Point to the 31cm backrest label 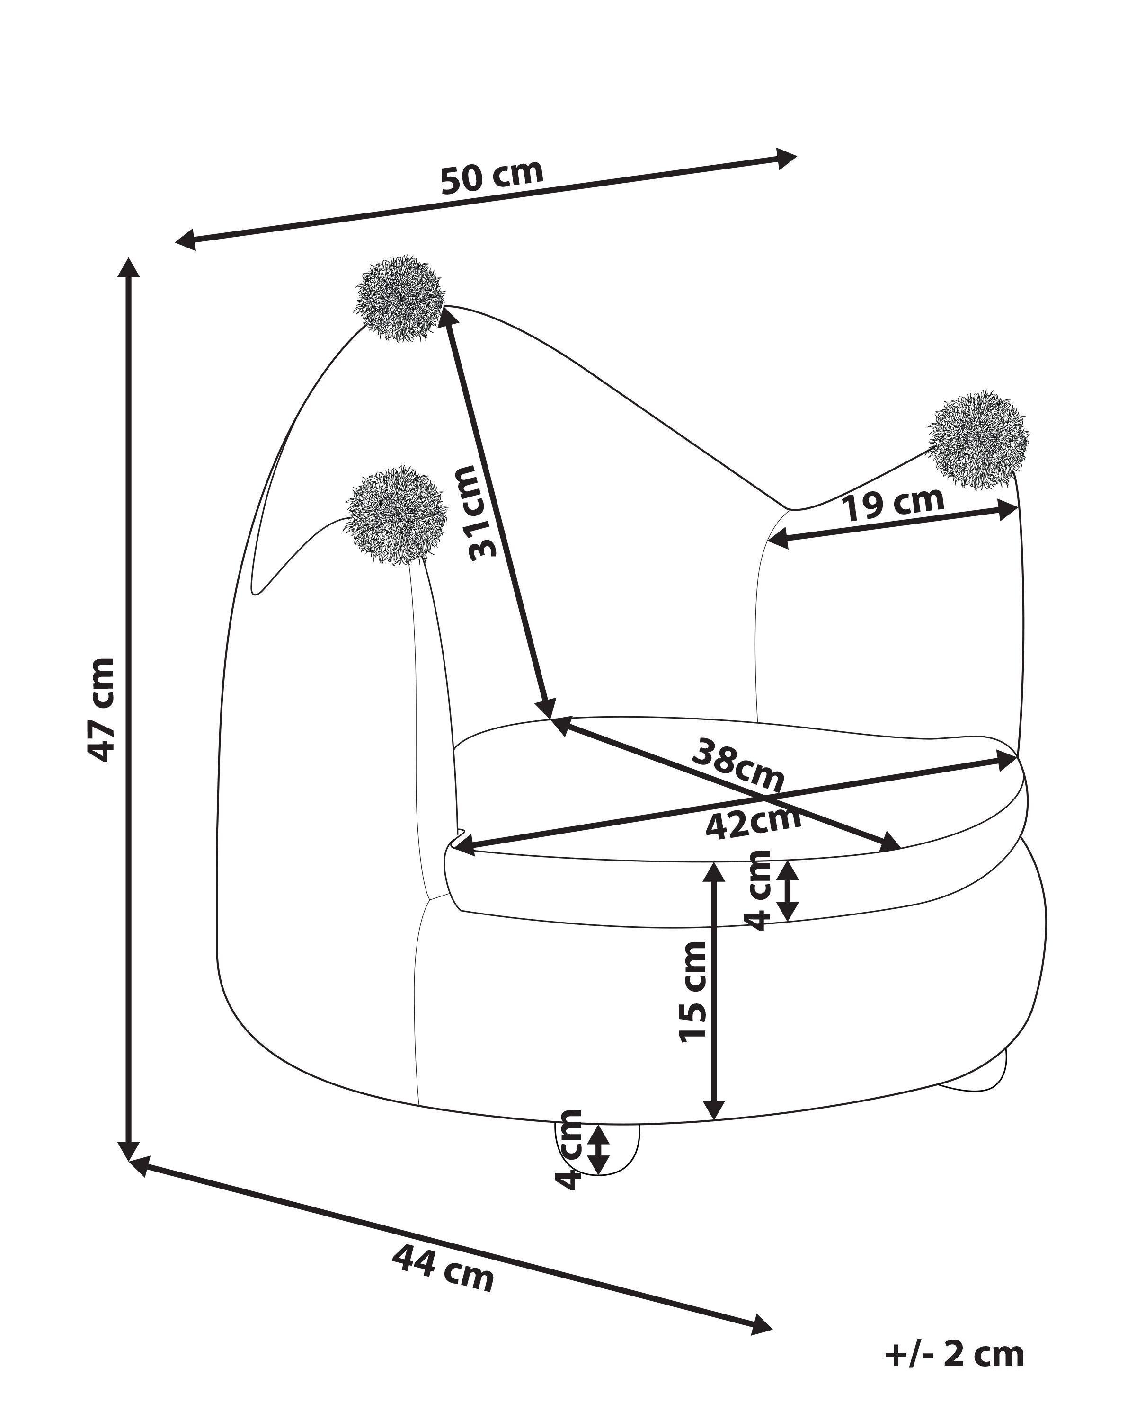(x=483, y=513)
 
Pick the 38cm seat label (x=737, y=765)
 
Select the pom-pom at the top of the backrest (x=399, y=298)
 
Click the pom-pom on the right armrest (x=978, y=439)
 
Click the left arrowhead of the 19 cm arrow (x=778, y=540)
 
